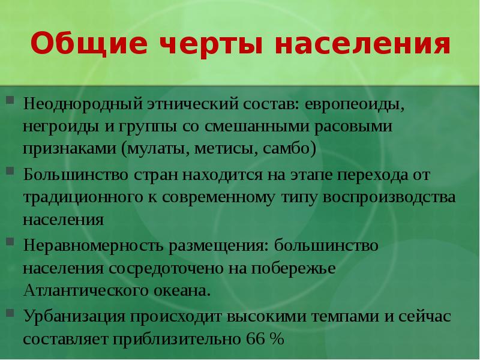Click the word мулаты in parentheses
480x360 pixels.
[158, 149]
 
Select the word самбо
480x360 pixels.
[287, 149]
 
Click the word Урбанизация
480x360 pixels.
[74, 316]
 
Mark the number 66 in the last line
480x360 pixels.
[254, 338]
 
